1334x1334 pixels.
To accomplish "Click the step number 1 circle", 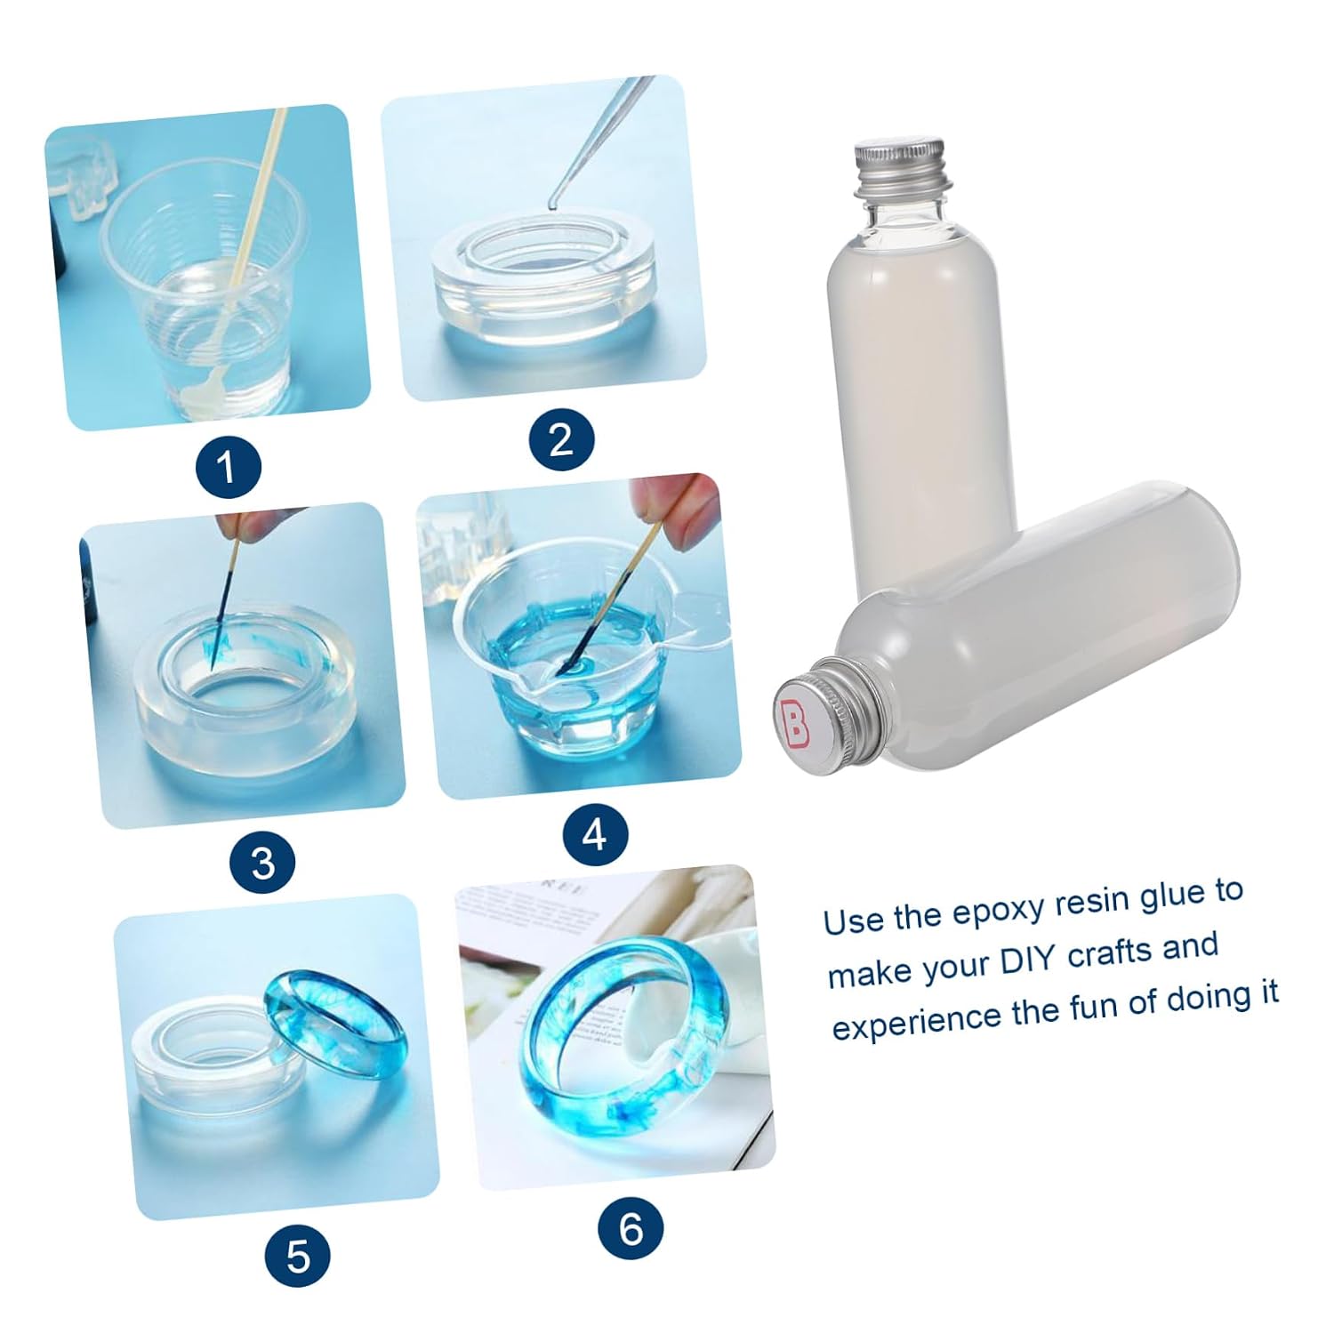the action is click(x=227, y=466).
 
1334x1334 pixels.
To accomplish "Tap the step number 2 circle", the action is click(x=562, y=439).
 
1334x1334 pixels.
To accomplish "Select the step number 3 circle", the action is click(x=262, y=862).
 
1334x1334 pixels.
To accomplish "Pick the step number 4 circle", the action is click(x=595, y=834).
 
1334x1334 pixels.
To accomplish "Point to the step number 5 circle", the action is click(x=298, y=1256).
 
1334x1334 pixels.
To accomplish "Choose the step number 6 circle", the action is click(x=631, y=1228).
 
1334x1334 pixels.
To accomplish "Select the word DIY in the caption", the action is click(x=1031, y=959).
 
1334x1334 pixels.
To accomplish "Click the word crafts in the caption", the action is click(x=1112, y=953).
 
